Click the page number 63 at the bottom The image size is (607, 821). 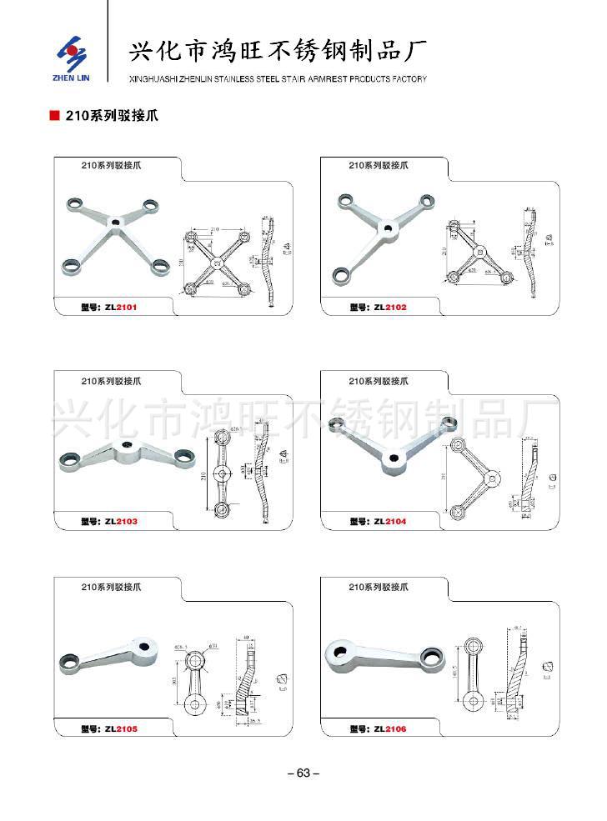[303, 773]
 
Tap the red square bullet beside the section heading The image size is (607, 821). [54, 117]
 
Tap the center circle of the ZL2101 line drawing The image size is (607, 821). [216, 263]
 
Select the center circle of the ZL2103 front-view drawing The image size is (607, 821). [220, 473]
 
